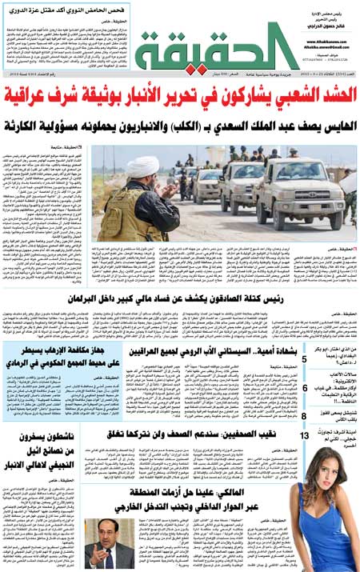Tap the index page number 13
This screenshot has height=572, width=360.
click(304, 435)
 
